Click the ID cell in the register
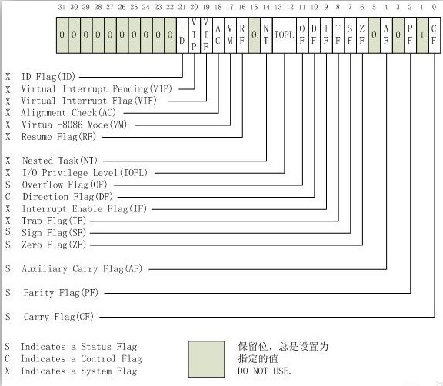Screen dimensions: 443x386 [x=182, y=35]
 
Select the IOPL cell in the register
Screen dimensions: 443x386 [x=285, y=35]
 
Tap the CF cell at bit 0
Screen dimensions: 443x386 [x=435, y=35]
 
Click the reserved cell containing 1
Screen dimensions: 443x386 [x=422, y=35]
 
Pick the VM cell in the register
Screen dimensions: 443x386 [x=230, y=35]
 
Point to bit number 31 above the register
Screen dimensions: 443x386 [x=62, y=7]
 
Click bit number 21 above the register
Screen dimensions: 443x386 [x=182, y=7]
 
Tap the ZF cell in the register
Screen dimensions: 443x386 [x=362, y=35]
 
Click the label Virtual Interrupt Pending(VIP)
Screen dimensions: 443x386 [x=97, y=89]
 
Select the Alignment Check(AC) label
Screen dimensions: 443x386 [x=68, y=113]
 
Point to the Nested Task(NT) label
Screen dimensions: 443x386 [x=60, y=161]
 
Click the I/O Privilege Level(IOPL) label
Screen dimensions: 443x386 [x=85, y=172]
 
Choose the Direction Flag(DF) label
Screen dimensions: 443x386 [x=68, y=197]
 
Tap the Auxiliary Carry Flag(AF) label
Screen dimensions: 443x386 [x=82, y=268]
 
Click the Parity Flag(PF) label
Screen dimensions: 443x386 [x=61, y=292]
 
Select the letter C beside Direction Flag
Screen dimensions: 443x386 [x=8, y=197]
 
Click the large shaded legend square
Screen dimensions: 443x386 [x=207, y=359]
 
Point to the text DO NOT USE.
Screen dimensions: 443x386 [x=264, y=371]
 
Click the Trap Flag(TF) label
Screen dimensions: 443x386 [x=54, y=221]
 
